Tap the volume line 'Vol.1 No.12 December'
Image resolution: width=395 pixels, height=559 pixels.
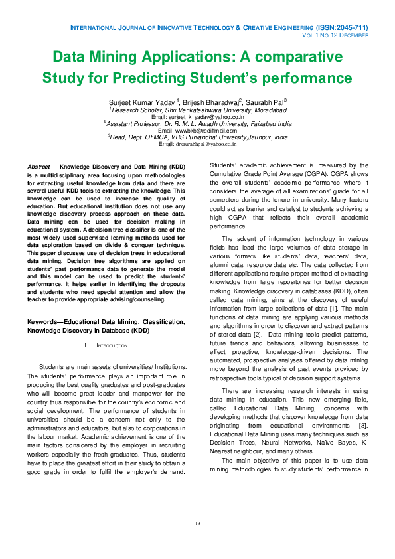(x=335, y=35)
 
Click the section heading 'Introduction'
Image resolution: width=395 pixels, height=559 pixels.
(x=112, y=346)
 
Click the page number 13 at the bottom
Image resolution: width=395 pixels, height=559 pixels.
(x=197, y=524)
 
